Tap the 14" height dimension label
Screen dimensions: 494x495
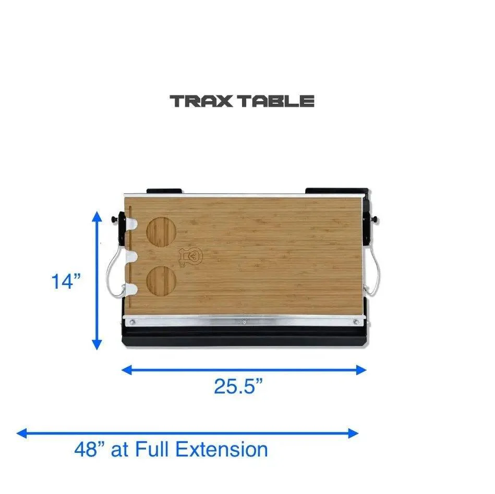coord(66,282)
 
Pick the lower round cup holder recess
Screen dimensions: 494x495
coord(162,282)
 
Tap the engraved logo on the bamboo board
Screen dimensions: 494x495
coord(190,256)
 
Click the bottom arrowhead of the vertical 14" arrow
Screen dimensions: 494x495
coord(97,346)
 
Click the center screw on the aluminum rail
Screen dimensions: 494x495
coord(244,322)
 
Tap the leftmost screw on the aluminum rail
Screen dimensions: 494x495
coord(132,322)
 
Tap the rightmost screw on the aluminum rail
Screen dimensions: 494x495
coord(356,322)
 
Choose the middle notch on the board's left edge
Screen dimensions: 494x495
coord(132,256)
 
